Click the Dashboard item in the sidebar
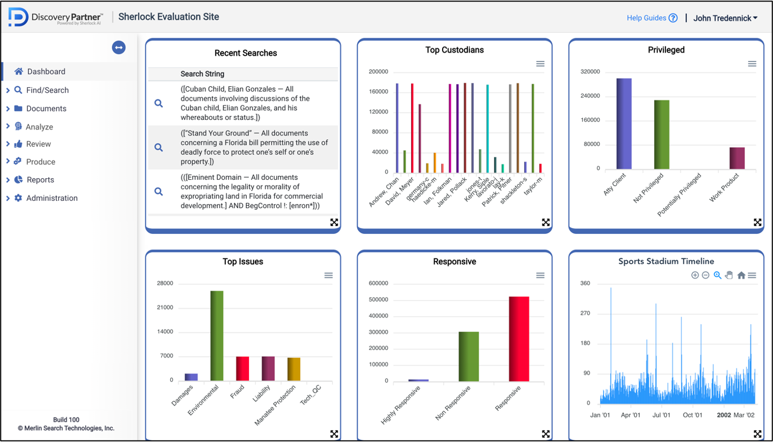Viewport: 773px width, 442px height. (x=46, y=72)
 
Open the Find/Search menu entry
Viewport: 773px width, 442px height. (x=47, y=90)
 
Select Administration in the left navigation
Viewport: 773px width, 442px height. (x=51, y=198)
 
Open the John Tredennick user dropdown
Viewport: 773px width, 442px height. (x=725, y=18)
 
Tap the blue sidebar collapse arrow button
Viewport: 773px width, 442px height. (x=118, y=48)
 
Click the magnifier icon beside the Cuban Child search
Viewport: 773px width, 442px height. (x=158, y=103)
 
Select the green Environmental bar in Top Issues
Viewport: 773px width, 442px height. (x=217, y=336)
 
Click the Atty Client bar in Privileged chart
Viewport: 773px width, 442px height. (x=624, y=124)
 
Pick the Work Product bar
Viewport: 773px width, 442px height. (x=737, y=158)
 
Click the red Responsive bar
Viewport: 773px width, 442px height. (x=519, y=339)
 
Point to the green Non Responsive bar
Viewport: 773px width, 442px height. (x=468, y=356)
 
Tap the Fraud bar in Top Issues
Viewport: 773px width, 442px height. (x=242, y=369)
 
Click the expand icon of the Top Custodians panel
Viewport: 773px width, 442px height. (x=545, y=223)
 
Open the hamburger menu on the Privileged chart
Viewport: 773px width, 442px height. (x=752, y=64)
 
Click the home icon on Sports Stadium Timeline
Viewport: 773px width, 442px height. (x=741, y=276)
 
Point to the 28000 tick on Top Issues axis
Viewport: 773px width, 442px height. (x=164, y=283)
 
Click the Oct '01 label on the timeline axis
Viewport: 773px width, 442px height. (x=692, y=415)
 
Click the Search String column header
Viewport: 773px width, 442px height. (x=202, y=74)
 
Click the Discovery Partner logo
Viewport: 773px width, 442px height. (x=55, y=18)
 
